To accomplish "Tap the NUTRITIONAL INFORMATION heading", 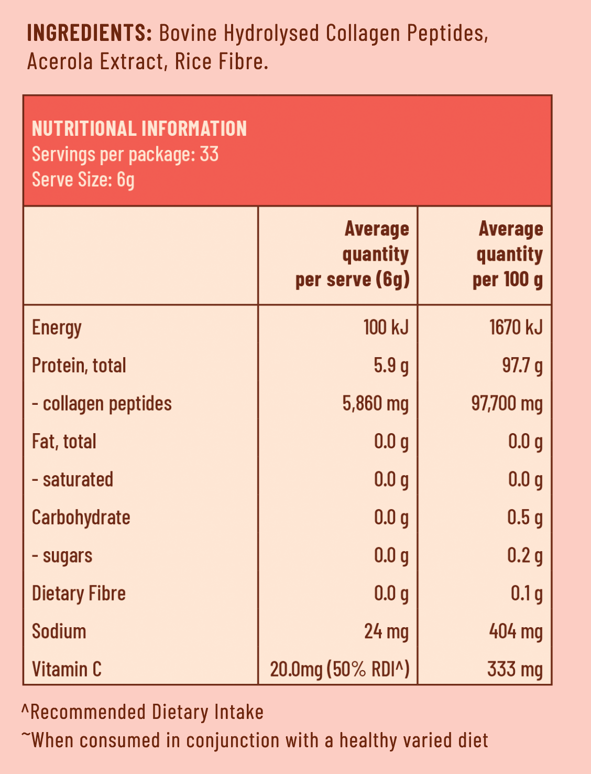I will (x=139, y=128).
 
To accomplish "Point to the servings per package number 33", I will (x=209, y=154).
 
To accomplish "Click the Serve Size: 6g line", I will (x=83, y=179).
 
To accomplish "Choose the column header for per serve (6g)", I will (x=352, y=254).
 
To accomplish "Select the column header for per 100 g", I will (x=508, y=254).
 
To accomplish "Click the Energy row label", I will (x=57, y=328).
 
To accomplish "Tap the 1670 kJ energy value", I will (x=516, y=328).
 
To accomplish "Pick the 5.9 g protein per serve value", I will (x=391, y=365).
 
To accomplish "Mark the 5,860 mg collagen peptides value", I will (x=375, y=404).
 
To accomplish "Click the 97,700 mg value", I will (x=507, y=404).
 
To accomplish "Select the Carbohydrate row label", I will (x=81, y=518).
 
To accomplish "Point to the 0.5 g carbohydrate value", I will (x=524, y=518).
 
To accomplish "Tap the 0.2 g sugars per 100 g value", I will (x=524, y=555).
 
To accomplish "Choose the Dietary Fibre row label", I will (x=79, y=594).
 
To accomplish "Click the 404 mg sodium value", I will (x=516, y=631).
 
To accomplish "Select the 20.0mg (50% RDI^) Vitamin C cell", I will (x=340, y=670).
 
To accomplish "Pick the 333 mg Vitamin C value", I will (x=515, y=670).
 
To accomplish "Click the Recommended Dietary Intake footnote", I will (x=143, y=712).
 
